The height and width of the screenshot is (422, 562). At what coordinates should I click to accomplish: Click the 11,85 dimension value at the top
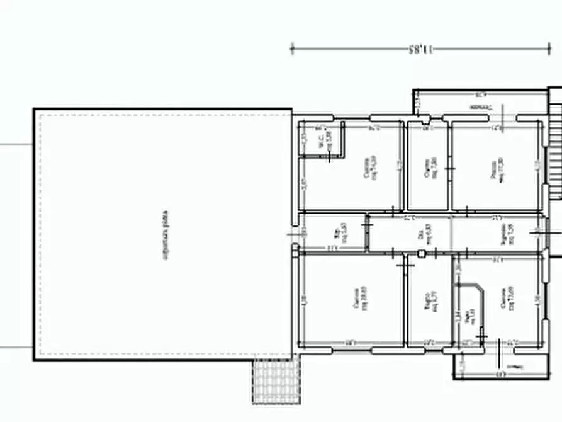[420, 48]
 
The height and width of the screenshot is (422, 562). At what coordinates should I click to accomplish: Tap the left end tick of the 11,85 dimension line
[292, 48]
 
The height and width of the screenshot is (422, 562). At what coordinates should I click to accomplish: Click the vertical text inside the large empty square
[166, 235]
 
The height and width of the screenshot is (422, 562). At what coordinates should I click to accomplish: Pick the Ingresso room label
[507, 234]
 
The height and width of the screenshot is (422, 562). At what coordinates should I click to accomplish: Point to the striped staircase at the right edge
[555, 145]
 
